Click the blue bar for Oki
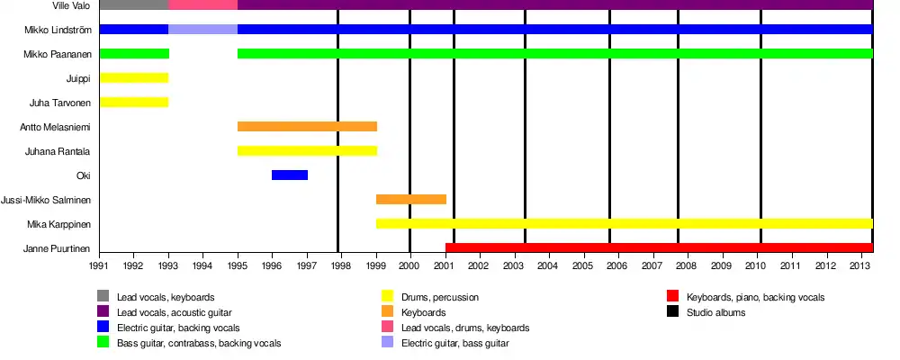(x=290, y=175)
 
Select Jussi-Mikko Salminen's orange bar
(x=411, y=199)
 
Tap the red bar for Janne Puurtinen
(x=659, y=247)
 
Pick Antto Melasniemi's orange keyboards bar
(x=307, y=126)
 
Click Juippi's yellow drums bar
(x=134, y=77)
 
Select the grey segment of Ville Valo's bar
(x=134, y=4)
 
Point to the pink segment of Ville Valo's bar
(x=203, y=4)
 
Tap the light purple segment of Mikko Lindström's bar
(x=203, y=29)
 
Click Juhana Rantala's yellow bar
(x=307, y=150)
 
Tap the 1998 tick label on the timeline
(x=341, y=265)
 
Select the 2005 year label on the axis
(x=582, y=265)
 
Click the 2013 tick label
(x=859, y=265)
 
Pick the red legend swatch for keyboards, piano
(x=672, y=296)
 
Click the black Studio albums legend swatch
(x=672, y=311)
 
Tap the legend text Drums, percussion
(x=442, y=297)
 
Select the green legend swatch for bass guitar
(x=103, y=343)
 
